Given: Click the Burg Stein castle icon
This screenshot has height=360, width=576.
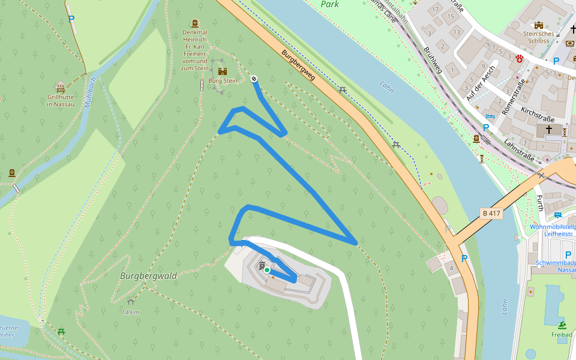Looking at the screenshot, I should click(x=223, y=71).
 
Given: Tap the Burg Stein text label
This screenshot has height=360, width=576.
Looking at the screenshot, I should click(x=223, y=80).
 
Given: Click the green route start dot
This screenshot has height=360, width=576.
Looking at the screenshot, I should click(x=267, y=270).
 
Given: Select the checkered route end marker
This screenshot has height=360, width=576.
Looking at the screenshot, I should click(x=254, y=79).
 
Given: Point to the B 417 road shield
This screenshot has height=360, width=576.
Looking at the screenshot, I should click(x=491, y=213).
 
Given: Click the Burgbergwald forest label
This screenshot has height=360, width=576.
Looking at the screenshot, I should click(x=148, y=276).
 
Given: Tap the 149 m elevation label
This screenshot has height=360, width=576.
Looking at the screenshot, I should click(x=130, y=312).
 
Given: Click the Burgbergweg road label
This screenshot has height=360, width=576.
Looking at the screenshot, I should click(x=298, y=65).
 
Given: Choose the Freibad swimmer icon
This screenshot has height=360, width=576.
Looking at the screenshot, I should click(x=562, y=325).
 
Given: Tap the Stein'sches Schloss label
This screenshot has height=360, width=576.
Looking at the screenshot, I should click(x=538, y=37).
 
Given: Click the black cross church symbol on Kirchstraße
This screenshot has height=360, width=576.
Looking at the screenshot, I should click(x=549, y=130).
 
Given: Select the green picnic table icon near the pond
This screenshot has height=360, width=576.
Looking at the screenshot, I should click(x=61, y=331).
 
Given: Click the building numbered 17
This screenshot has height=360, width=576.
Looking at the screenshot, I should click(x=436, y=10).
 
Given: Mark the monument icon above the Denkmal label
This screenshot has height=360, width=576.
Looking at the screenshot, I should click(x=194, y=23).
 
